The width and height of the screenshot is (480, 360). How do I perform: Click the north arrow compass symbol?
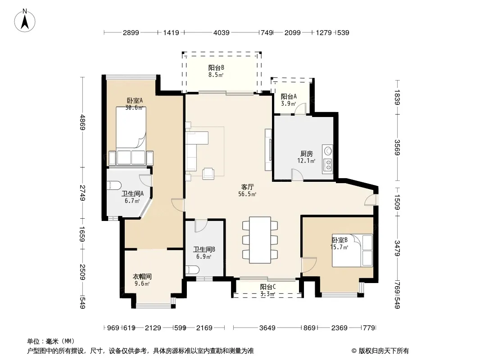click(25, 21)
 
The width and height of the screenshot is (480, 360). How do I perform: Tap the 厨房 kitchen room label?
click(307, 153)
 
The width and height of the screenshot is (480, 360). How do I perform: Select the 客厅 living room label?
click(247, 187)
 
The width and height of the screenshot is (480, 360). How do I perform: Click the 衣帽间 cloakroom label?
click(142, 276)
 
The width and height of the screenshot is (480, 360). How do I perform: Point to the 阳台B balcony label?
click(216, 67)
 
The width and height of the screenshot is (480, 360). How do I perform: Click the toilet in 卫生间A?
click(114, 185)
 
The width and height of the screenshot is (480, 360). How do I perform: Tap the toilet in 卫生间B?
click(193, 270)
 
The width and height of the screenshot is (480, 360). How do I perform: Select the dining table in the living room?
click(260, 240)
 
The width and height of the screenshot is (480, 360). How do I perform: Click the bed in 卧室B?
click(353, 251)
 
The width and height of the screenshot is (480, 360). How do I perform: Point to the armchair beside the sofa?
click(208, 173)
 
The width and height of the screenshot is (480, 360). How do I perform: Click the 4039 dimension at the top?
click(222, 32)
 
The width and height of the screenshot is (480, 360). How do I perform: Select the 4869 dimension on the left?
click(82, 122)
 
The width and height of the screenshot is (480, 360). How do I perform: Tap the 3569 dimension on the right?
click(397, 147)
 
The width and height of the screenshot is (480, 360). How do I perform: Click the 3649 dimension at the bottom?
click(267, 328)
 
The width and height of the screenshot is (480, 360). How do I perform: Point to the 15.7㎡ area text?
click(339, 247)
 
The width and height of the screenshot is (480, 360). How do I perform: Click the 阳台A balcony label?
click(289, 97)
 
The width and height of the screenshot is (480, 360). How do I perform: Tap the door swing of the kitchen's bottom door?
click(297, 175)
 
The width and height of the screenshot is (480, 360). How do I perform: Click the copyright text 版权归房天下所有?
click(384, 351)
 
